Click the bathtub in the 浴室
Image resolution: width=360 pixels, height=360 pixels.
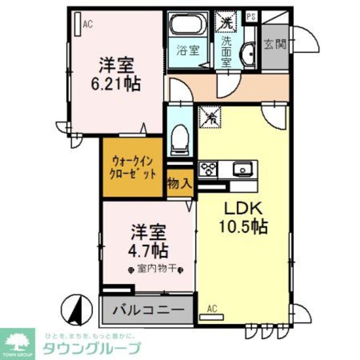point(186,25)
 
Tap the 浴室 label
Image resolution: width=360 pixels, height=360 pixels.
point(184,51)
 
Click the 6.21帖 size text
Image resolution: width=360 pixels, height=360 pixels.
point(116,85)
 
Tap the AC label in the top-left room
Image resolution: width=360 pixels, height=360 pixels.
point(88,25)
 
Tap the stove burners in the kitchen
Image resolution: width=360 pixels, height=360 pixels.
point(208,169)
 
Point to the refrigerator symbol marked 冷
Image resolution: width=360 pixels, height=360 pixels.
point(211,116)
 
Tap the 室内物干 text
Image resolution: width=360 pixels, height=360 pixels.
point(155,268)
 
